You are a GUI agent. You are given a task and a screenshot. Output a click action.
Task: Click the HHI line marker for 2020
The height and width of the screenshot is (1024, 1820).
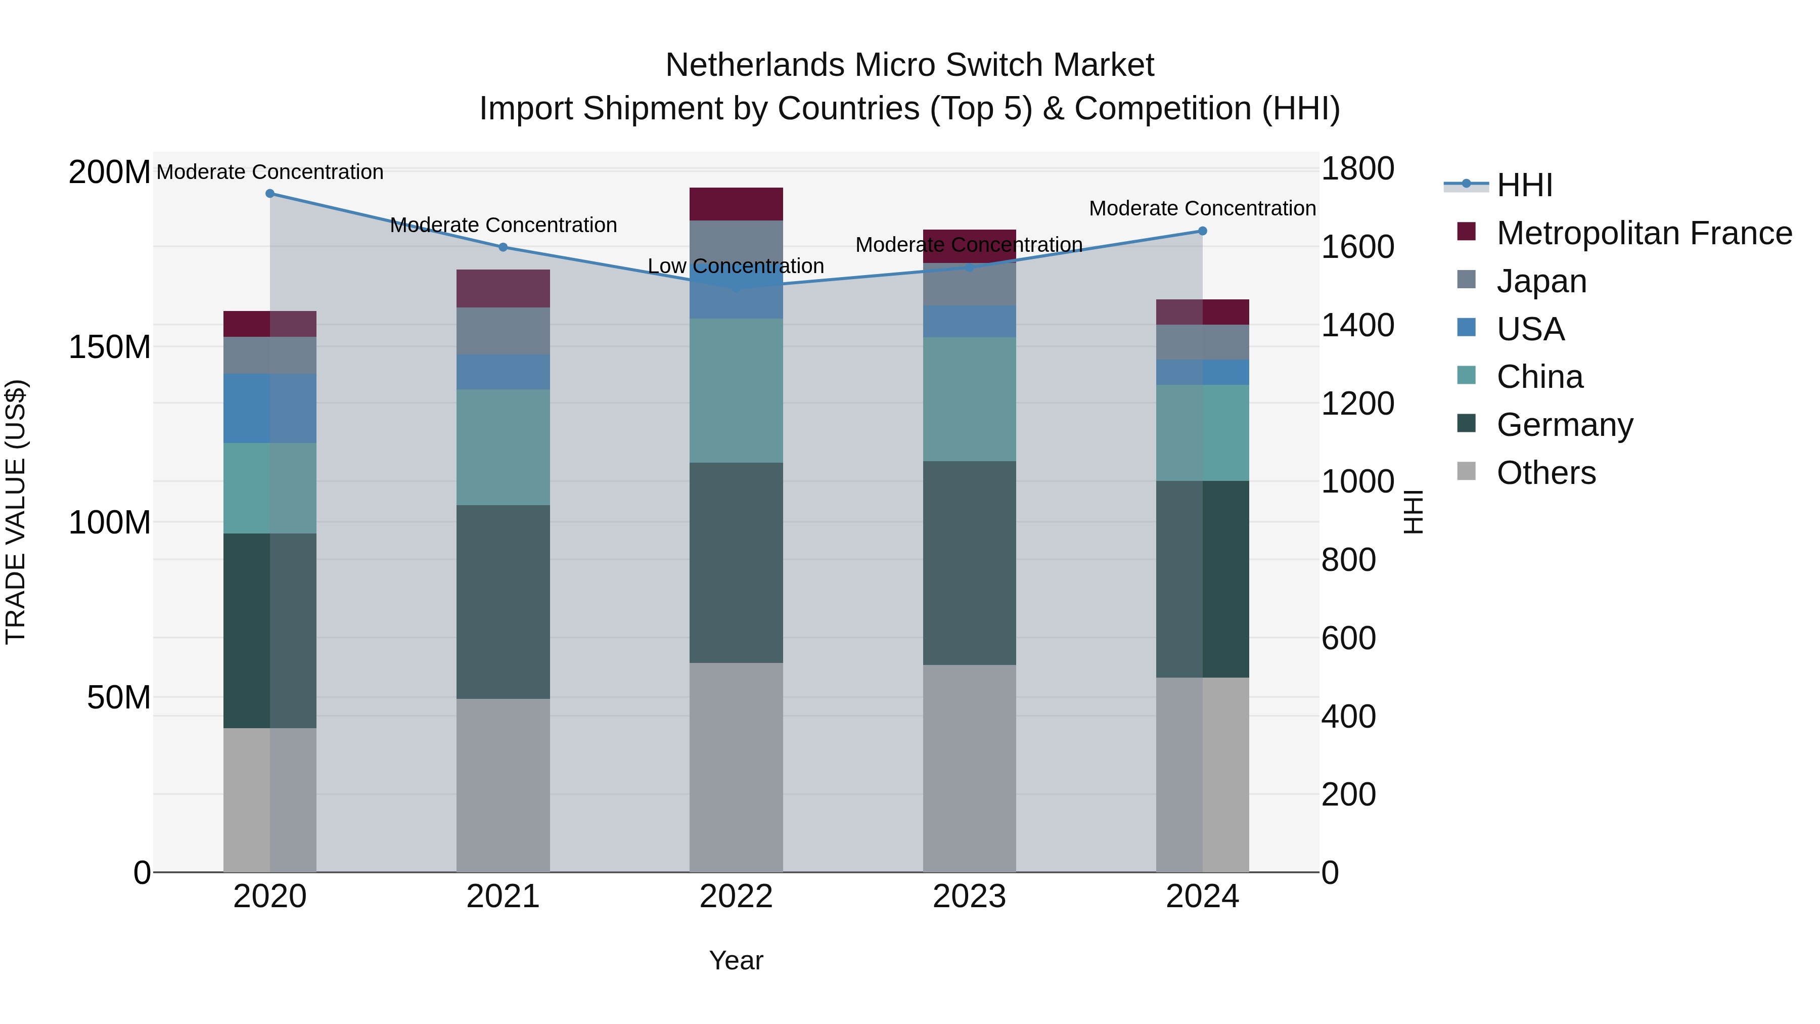coord(270,194)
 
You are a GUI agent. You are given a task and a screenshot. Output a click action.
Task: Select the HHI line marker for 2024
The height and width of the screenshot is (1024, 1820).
coord(1203,231)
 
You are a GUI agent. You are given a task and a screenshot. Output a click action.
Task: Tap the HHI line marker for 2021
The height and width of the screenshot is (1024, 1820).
coord(503,247)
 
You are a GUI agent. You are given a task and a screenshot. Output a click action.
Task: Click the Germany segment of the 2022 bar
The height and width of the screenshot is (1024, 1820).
coord(736,562)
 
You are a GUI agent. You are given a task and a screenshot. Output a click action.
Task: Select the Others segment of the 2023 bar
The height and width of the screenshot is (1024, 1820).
coord(969,768)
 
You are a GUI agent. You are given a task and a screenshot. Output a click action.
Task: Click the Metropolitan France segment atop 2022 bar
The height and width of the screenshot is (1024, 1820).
coord(736,204)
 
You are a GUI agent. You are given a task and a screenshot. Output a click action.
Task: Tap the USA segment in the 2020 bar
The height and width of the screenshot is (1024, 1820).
coord(270,409)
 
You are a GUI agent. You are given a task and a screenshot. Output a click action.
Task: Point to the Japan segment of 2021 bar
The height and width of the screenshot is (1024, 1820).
coord(503,331)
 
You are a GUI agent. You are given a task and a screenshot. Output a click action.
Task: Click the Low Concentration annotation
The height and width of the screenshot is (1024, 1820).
coord(736,266)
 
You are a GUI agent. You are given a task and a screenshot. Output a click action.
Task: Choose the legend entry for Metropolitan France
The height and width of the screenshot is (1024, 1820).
coord(1644,233)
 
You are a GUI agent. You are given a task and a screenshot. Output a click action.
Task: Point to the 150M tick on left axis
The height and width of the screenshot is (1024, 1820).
coord(110,347)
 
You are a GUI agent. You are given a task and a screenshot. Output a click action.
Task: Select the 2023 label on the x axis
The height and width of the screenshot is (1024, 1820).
coord(969,897)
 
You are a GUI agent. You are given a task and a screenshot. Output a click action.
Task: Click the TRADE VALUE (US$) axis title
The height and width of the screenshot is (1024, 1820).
coord(16,512)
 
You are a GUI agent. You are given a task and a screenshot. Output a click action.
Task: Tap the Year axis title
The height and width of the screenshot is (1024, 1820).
coord(736,960)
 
